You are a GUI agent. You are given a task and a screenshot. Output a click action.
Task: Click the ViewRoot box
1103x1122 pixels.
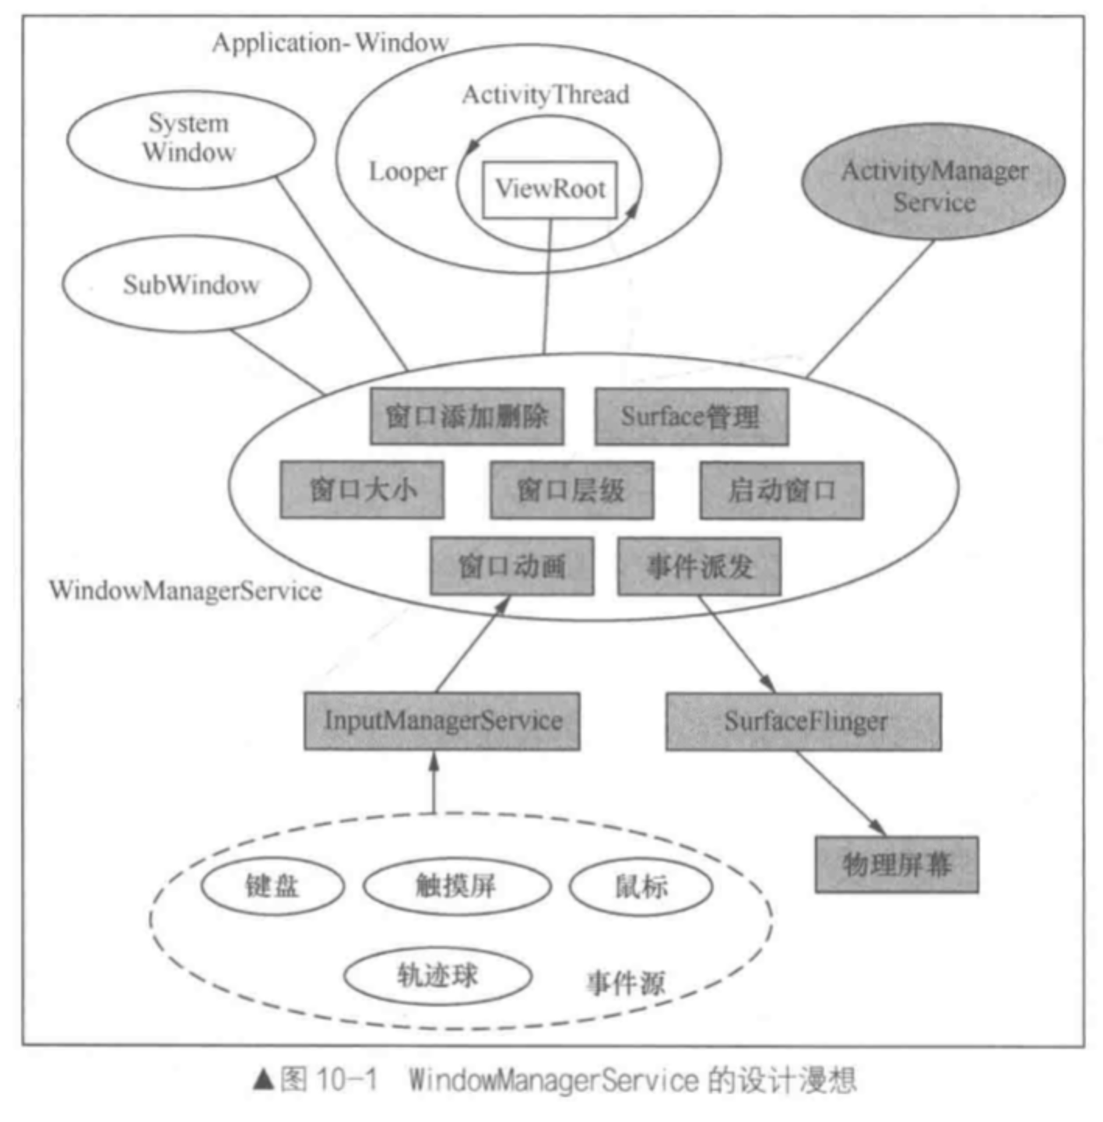[550, 189]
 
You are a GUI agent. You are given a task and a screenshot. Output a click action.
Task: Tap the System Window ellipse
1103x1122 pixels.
[191, 139]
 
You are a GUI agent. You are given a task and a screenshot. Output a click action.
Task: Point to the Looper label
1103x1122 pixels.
[407, 172]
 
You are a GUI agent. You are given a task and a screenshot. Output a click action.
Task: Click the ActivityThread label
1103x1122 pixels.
[546, 95]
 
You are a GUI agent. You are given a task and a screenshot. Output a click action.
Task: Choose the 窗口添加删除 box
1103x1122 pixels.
[466, 417]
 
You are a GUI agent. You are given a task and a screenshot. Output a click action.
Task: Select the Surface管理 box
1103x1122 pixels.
[691, 417]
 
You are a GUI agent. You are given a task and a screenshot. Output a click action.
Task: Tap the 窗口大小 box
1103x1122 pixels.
[362, 490]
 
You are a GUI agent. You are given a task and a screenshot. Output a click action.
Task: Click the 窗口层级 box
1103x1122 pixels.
[571, 490]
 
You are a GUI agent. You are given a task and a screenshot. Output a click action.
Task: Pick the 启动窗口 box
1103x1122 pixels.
[782, 490]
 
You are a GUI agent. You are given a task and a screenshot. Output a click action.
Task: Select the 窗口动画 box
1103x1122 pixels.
[511, 566]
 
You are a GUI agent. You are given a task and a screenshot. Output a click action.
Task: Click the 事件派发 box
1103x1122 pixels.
[699, 566]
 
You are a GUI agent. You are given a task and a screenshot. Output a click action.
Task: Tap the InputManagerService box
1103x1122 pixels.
[442, 721]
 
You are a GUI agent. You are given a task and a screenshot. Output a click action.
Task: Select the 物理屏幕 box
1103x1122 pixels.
[897, 864]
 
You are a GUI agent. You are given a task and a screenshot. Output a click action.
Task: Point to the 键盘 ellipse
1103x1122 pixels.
[272, 886]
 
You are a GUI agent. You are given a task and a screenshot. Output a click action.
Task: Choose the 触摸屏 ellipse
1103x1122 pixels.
[457, 886]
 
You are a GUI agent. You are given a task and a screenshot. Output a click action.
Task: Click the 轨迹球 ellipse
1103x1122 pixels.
[437, 975]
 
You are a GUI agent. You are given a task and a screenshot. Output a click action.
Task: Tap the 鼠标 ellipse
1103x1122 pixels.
[641, 886]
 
